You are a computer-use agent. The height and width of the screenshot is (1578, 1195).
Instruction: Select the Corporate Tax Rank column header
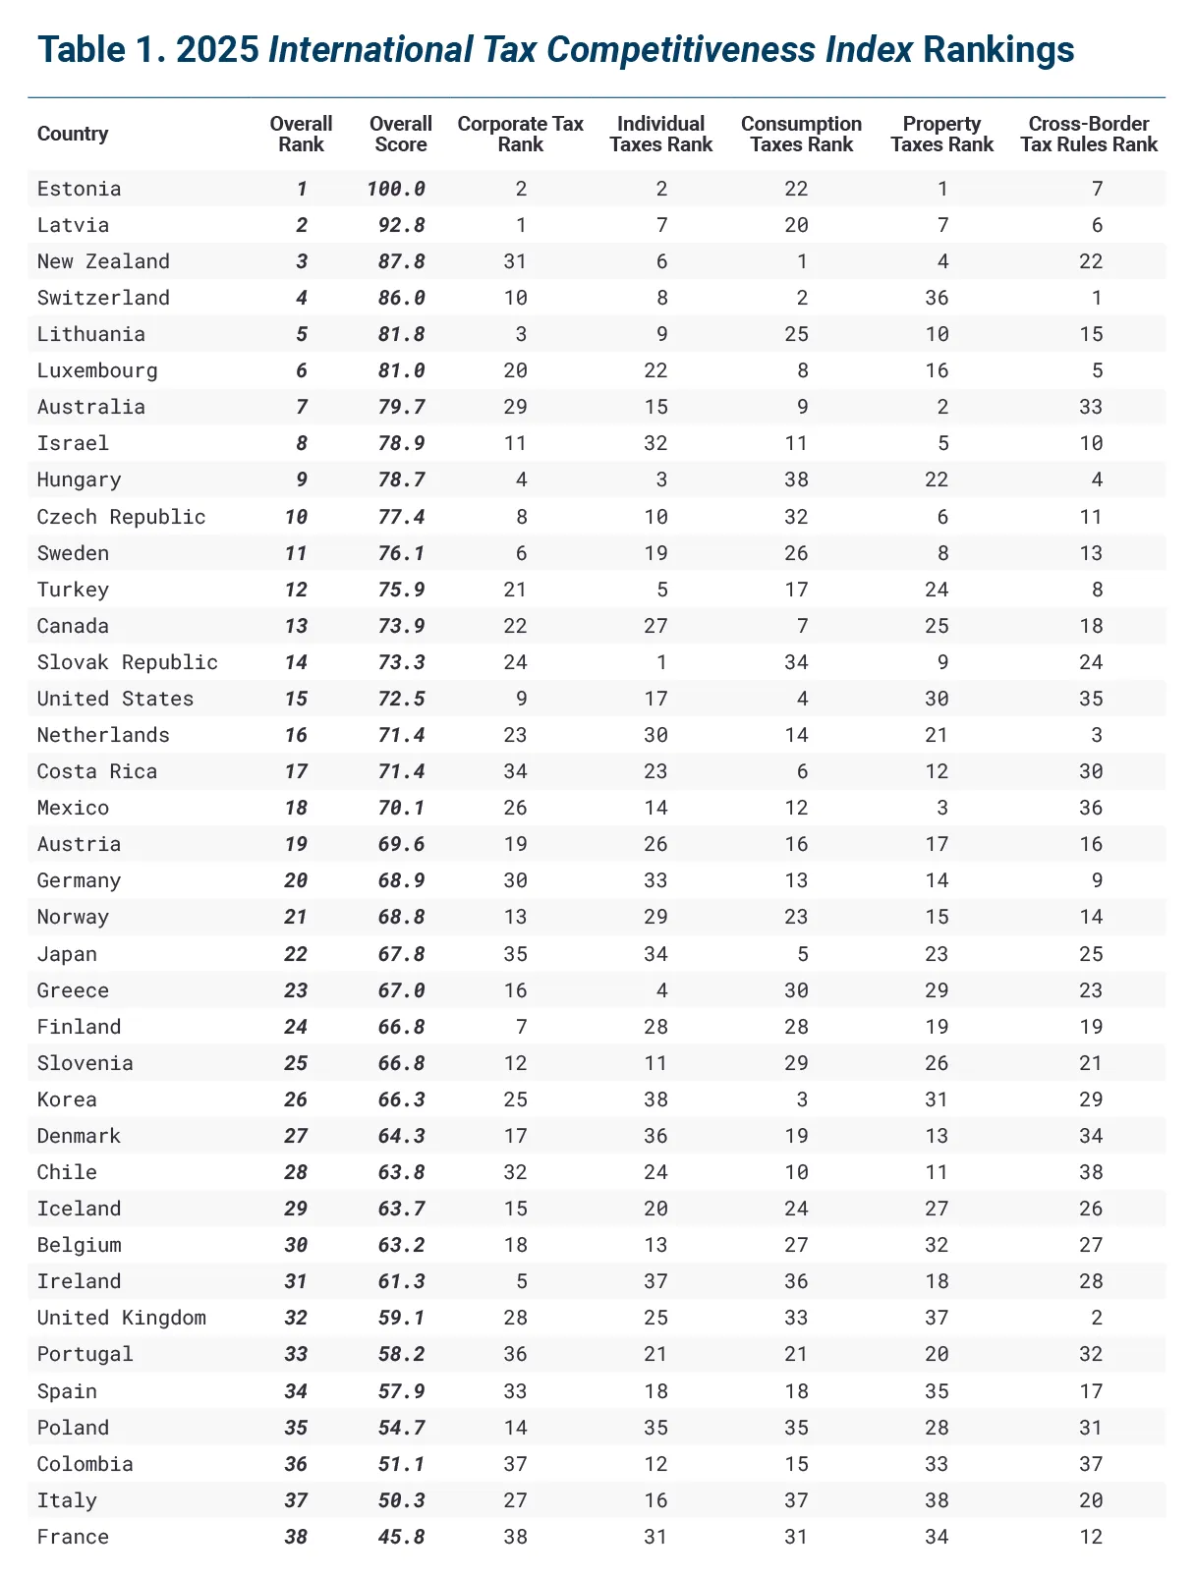(520, 135)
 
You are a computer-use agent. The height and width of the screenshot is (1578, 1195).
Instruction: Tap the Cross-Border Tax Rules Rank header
(1089, 135)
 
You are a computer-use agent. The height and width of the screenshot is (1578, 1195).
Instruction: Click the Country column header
(73, 135)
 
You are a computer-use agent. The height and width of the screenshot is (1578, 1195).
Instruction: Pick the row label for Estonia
(80, 189)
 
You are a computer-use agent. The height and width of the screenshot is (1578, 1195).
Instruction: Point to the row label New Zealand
(103, 261)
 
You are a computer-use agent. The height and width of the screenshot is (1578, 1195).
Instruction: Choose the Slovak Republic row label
(128, 662)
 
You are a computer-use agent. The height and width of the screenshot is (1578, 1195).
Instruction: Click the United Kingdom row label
(122, 1318)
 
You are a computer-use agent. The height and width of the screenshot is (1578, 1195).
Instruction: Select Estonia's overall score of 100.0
(396, 189)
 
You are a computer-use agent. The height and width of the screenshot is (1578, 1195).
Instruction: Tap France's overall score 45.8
(401, 1537)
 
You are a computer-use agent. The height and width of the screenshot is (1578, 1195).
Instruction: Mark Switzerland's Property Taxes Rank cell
(937, 298)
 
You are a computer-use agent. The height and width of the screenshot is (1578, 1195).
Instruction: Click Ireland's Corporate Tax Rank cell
(521, 1281)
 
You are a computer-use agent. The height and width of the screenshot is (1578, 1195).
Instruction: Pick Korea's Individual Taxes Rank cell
(655, 1099)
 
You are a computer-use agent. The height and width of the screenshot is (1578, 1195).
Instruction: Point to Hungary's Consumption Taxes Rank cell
(796, 479)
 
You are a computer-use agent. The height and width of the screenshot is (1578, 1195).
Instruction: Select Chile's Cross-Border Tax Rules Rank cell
(1091, 1172)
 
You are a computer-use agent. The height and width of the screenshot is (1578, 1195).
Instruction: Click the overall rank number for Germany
(296, 880)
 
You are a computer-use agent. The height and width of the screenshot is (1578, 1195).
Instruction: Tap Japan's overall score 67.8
(401, 954)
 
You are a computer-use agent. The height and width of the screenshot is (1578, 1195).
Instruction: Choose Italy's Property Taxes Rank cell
(937, 1500)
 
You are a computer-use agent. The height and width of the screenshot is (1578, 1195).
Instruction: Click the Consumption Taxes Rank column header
(801, 135)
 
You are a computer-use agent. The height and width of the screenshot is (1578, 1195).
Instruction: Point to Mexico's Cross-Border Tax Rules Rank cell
(1091, 808)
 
